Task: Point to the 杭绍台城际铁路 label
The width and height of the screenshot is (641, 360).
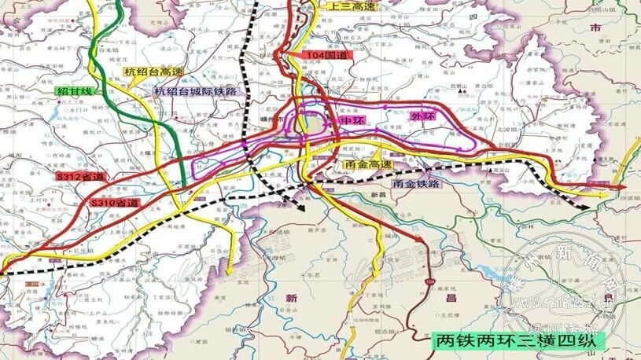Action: tap(196, 91)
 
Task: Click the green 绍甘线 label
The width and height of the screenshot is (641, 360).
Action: tap(75, 91)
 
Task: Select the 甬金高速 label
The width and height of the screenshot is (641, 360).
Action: tap(368, 165)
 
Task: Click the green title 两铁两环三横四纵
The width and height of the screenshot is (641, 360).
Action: tap(518, 341)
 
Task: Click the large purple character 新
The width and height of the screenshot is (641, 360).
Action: tap(291, 298)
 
